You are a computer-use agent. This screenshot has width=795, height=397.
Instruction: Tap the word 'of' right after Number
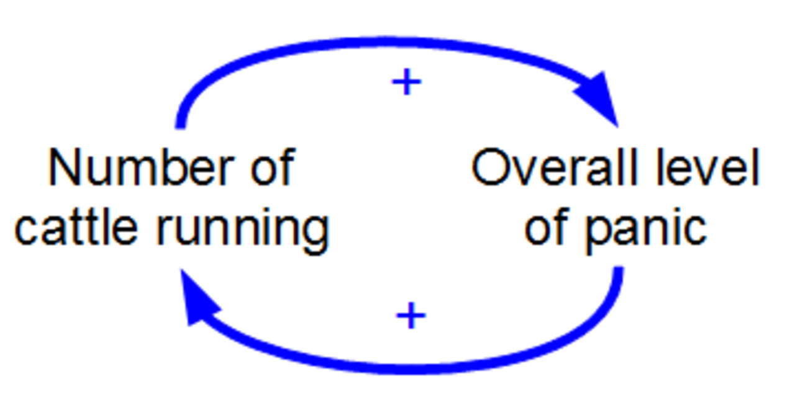click(x=273, y=166)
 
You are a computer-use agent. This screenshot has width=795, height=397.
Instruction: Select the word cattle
click(x=76, y=226)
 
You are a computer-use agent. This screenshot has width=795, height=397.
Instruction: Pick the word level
click(x=707, y=166)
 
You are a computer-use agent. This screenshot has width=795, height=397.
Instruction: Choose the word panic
click(x=646, y=230)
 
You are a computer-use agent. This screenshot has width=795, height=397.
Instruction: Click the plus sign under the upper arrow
click(x=407, y=82)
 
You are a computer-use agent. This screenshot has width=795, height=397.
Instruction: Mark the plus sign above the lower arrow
click(x=411, y=315)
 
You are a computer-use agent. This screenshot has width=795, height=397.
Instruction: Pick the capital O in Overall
click(x=490, y=167)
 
